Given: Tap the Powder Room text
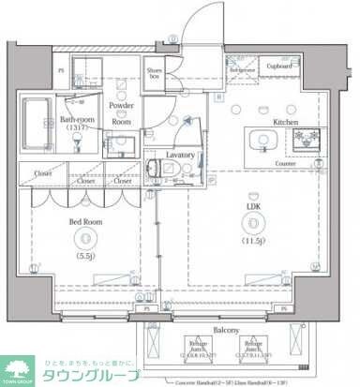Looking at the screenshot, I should coord(121,113).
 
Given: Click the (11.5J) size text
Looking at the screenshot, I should coord(253,242).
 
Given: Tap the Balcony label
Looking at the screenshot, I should coord(225,331).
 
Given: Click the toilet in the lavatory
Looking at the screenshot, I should coord(156,171).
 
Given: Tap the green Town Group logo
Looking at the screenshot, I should coord(19,370).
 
